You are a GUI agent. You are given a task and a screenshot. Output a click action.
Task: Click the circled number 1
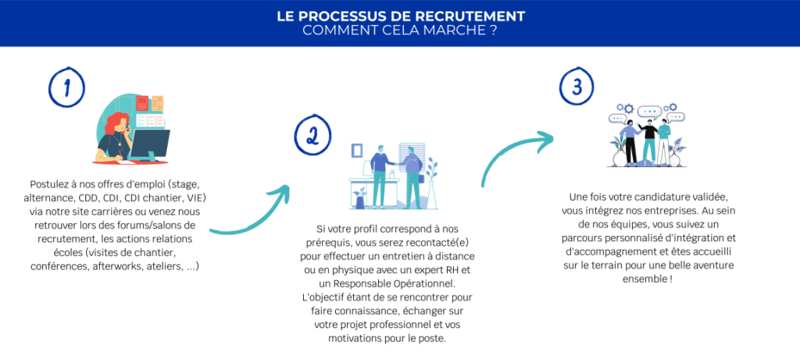click(66, 88)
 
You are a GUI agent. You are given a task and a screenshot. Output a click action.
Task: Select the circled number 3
click(577, 87)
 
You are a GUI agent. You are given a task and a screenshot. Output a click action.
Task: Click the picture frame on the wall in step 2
click(357, 149)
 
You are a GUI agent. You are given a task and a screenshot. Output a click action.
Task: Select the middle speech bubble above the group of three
click(649, 112)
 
